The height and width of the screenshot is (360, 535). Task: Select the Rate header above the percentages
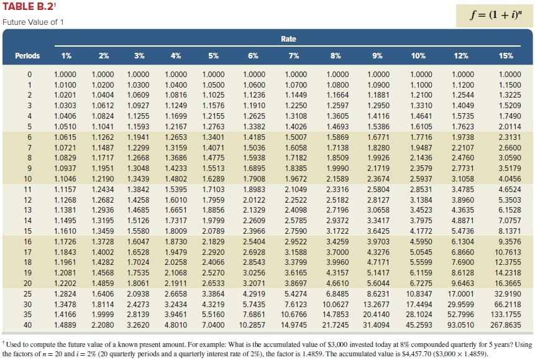coord(288,39)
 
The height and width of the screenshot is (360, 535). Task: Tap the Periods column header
coord(27,56)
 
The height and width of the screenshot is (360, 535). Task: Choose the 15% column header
coord(506,56)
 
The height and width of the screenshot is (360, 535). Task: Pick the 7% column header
coord(295,56)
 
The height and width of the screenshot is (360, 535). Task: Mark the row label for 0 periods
coord(27,75)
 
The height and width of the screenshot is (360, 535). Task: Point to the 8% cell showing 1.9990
coord(336,168)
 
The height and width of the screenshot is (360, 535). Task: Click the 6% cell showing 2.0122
coord(253,200)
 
